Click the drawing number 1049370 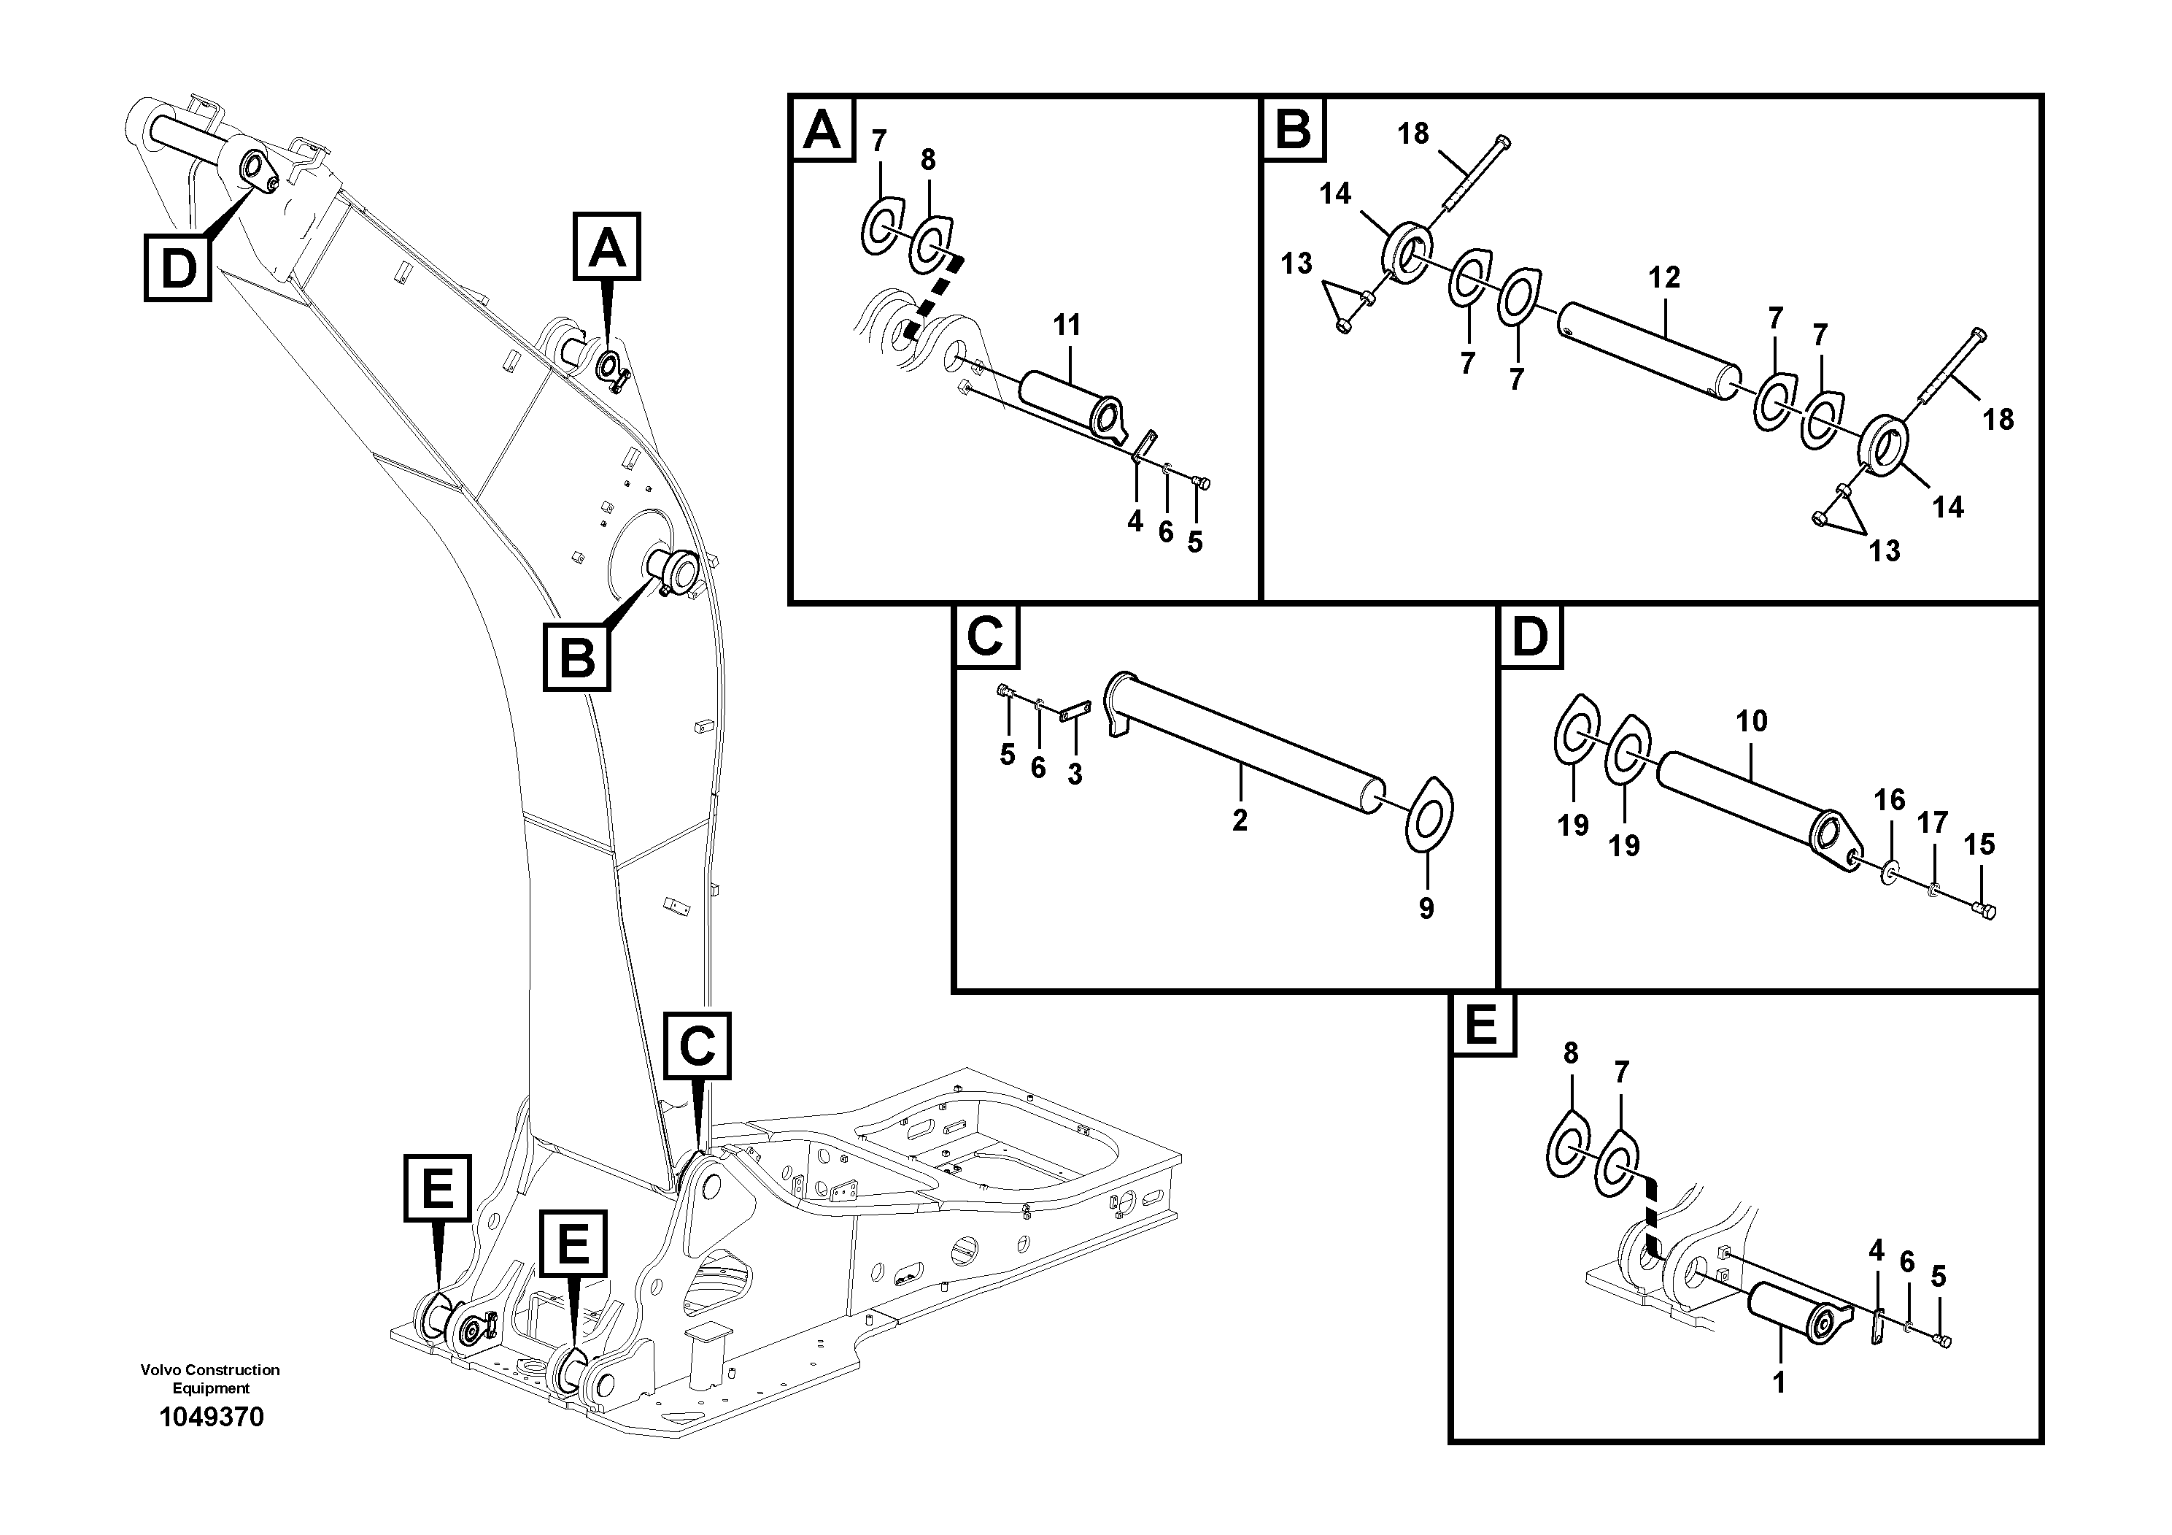(211, 1417)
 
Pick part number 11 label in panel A (1067, 326)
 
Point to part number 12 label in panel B (1664, 277)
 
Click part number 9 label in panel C (1426, 909)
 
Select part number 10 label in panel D (1751, 721)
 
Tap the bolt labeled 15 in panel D (1984, 910)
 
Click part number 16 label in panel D (1889, 800)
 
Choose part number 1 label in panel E (1779, 1382)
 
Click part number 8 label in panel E (1570, 1053)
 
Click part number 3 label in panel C (1075, 774)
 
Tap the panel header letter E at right (1480, 1026)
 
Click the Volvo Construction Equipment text (210, 1379)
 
